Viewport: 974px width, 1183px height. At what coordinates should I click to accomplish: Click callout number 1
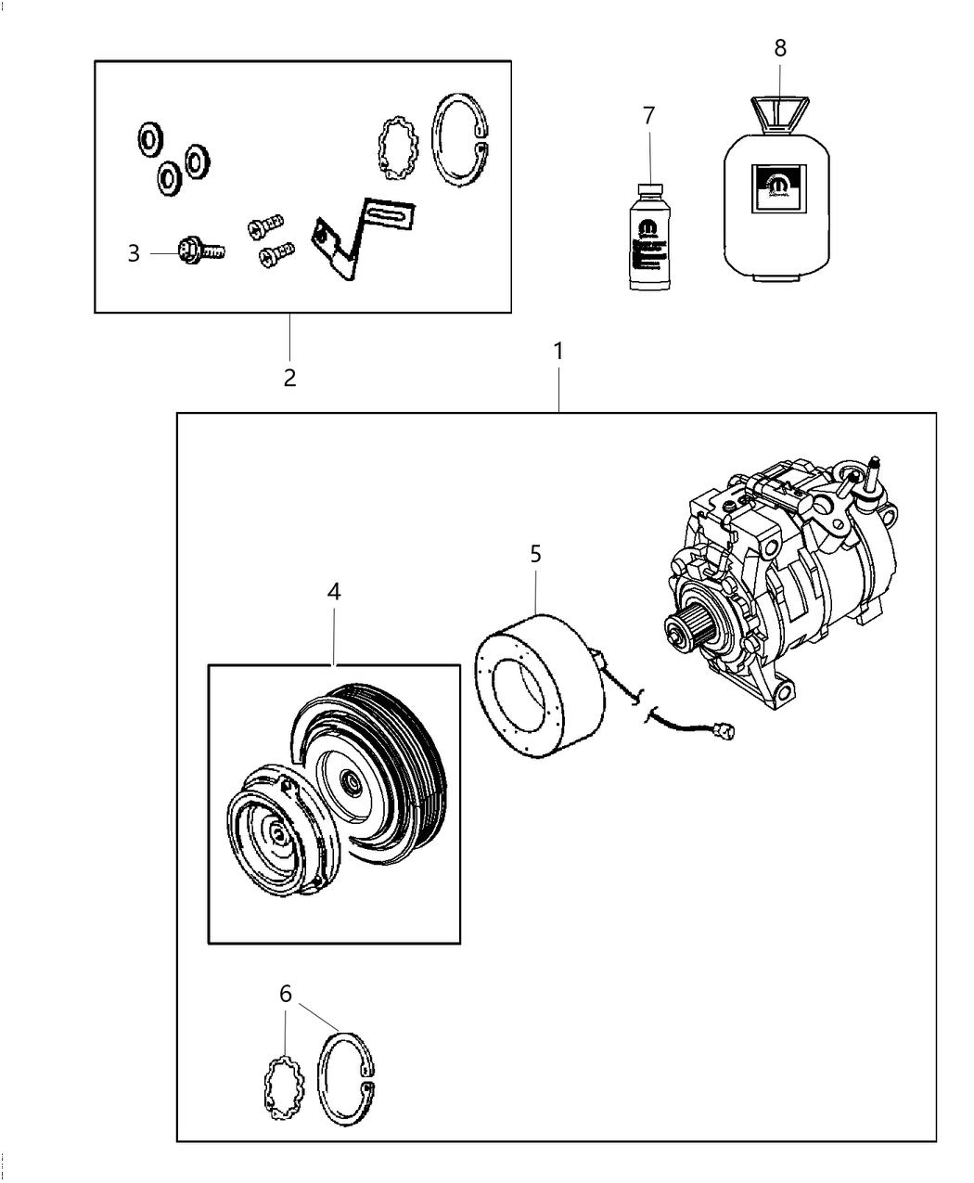click(x=558, y=352)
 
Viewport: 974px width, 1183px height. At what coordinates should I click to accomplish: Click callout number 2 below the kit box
click(x=289, y=378)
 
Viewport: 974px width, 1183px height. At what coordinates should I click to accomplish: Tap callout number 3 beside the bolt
click(x=134, y=252)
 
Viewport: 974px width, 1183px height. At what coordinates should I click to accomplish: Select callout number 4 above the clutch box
click(x=334, y=591)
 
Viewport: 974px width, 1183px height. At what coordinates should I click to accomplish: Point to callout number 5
click(x=535, y=554)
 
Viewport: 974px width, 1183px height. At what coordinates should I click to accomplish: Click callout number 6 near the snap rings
click(x=285, y=994)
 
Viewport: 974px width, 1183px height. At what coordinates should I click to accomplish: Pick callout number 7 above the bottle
click(x=648, y=116)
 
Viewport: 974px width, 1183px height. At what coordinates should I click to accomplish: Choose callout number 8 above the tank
click(x=780, y=47)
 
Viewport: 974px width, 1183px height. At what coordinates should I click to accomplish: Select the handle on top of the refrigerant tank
click(x=777, y=114)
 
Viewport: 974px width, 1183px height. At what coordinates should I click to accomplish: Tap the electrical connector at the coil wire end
click(x=727, y=734)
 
